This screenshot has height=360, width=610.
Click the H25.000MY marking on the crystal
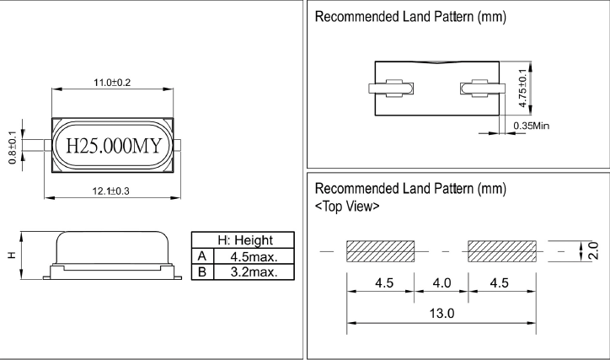click(113, 146)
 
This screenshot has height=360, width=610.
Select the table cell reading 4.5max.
click(253, 256)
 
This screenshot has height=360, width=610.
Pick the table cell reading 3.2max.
click(253, 271)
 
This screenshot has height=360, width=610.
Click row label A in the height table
click(201, 256)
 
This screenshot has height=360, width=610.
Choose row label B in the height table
click(201, 271)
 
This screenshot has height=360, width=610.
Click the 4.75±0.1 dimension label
click(524, 88)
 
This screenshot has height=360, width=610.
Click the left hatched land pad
click(380, 251)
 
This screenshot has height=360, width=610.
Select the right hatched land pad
click(502, 251)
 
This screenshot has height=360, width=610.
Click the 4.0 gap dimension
click(441, 282)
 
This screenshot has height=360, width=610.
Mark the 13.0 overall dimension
click(441, 313)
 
